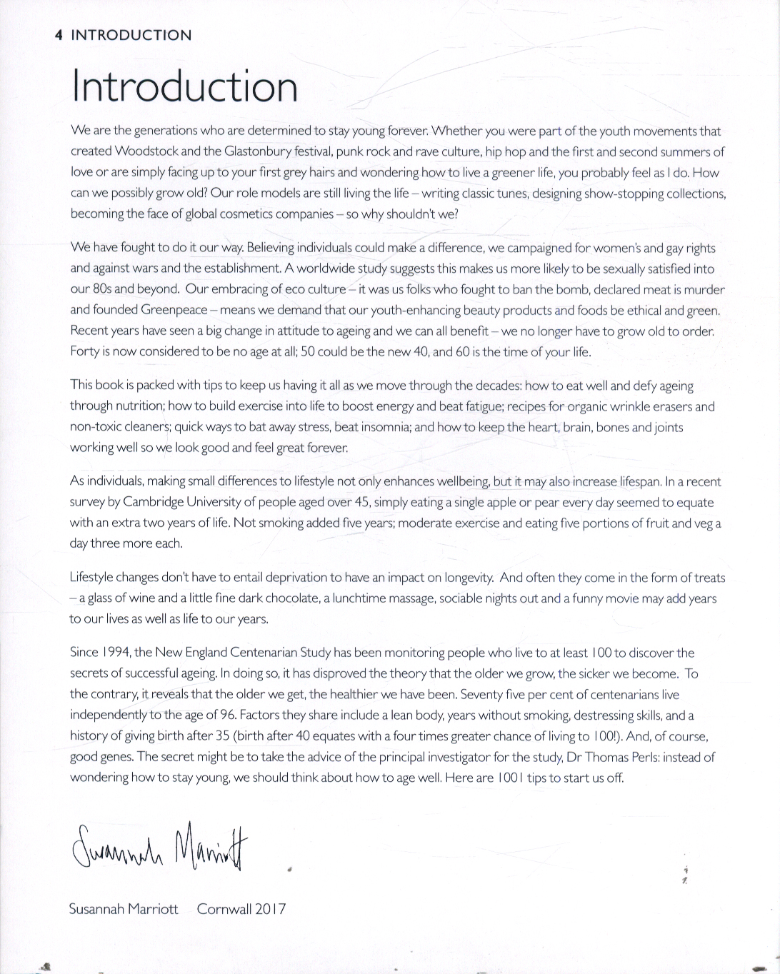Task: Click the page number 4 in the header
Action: tap(59, 35)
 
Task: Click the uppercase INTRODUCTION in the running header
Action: tap(131, 35)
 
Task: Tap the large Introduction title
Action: tap(184, 86)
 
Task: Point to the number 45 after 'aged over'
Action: tap(361, 502)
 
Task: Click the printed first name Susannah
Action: tap(96, 909)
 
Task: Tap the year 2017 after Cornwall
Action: tap(270, 909)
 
